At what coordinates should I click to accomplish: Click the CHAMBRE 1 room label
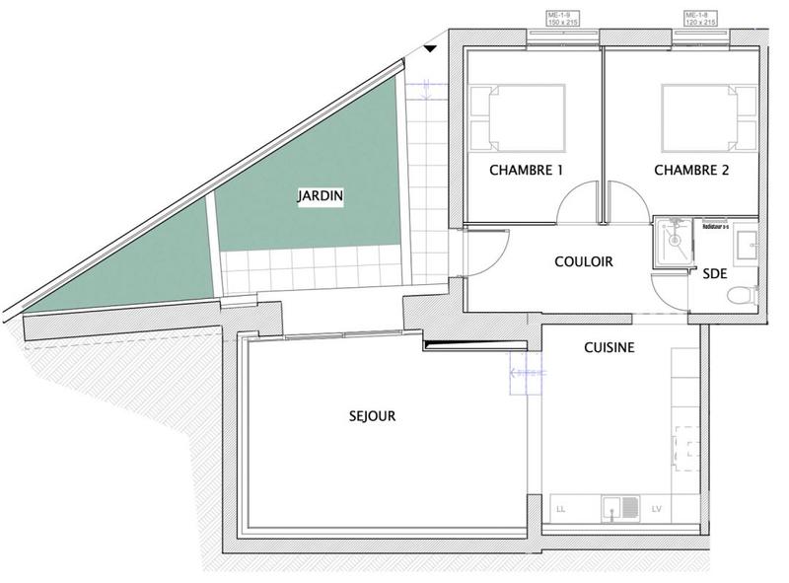click(526, 170)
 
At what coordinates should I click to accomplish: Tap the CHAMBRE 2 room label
click(691, 170)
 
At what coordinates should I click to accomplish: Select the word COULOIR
click(584, 262)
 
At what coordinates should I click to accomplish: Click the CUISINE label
click(609, 347)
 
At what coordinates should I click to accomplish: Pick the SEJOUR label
click(372, 416)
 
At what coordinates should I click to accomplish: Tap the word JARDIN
click(321, 196)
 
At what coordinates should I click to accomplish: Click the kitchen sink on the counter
click(620, 509)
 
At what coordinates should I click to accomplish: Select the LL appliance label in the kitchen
click(561, 510)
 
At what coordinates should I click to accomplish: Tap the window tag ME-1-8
click(702, 17)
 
